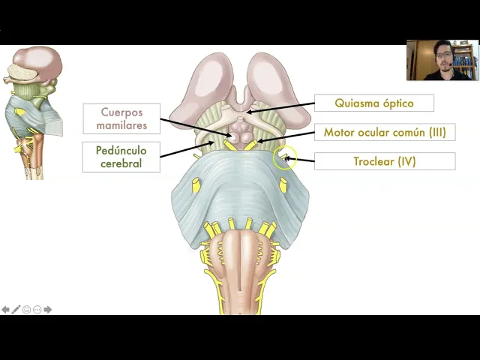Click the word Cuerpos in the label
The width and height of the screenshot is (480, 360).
click(x=121, y=112)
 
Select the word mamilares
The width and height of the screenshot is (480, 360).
click(x=121, y=125)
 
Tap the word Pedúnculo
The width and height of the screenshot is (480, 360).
click(x=121, y=150)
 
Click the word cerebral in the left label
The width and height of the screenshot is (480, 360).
click(x=121, y=163)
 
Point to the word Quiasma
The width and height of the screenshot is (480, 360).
click(x=357, y=103)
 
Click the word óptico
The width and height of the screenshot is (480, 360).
click(x=397, y=103)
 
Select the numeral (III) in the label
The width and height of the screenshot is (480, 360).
click(x=436, y=133)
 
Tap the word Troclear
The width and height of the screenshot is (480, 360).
click(x=374, y=161)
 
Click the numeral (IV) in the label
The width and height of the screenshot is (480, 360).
click(x=406, y=161)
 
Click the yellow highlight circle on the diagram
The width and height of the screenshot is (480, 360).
click(x=285, y=158)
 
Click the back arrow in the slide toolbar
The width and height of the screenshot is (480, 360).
click(x=6, y=309)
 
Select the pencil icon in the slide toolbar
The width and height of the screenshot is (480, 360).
click(x=16, y=309)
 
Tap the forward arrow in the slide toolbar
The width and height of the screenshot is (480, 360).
click(x=48, y=309)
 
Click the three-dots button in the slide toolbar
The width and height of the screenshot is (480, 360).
click(x=37, y=309)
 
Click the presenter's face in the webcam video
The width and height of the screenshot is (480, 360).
click(x=442, y=58)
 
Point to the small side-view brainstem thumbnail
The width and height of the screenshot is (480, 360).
click(x=34, y=112)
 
